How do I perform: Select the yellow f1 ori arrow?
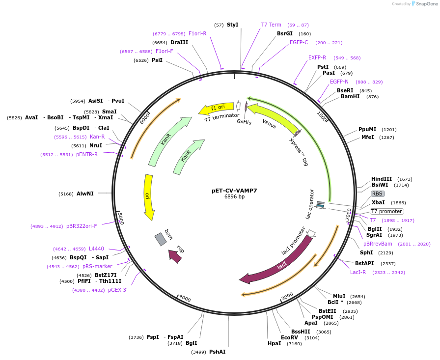pyautogui.click(x=217, y=109)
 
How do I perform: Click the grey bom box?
pyautogui.click(x=161, y=239)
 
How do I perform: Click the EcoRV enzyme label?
pyautogui.click(x=289, y=337)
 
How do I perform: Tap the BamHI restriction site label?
pyautogui.click(x=350, y=96)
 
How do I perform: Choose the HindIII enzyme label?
pyautogui.click(x=382, y=179)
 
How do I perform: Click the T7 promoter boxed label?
pyautogui.click(x=386, y=211)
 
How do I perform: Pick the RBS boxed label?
pyautogui.click(x=378, y=194)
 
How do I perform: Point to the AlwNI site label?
pyautogui.click(x=85, y=194)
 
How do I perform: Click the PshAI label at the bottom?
pyautogui.click(x=218, y=352)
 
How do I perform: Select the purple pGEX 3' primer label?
pyautogui.click(x=118, y=290)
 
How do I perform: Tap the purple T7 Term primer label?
pyautogui.click(x=271, y=25)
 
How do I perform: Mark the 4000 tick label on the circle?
pyautogui.click(x=185, y=298)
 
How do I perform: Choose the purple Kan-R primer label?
pyautogui.click(x=97, y=137)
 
